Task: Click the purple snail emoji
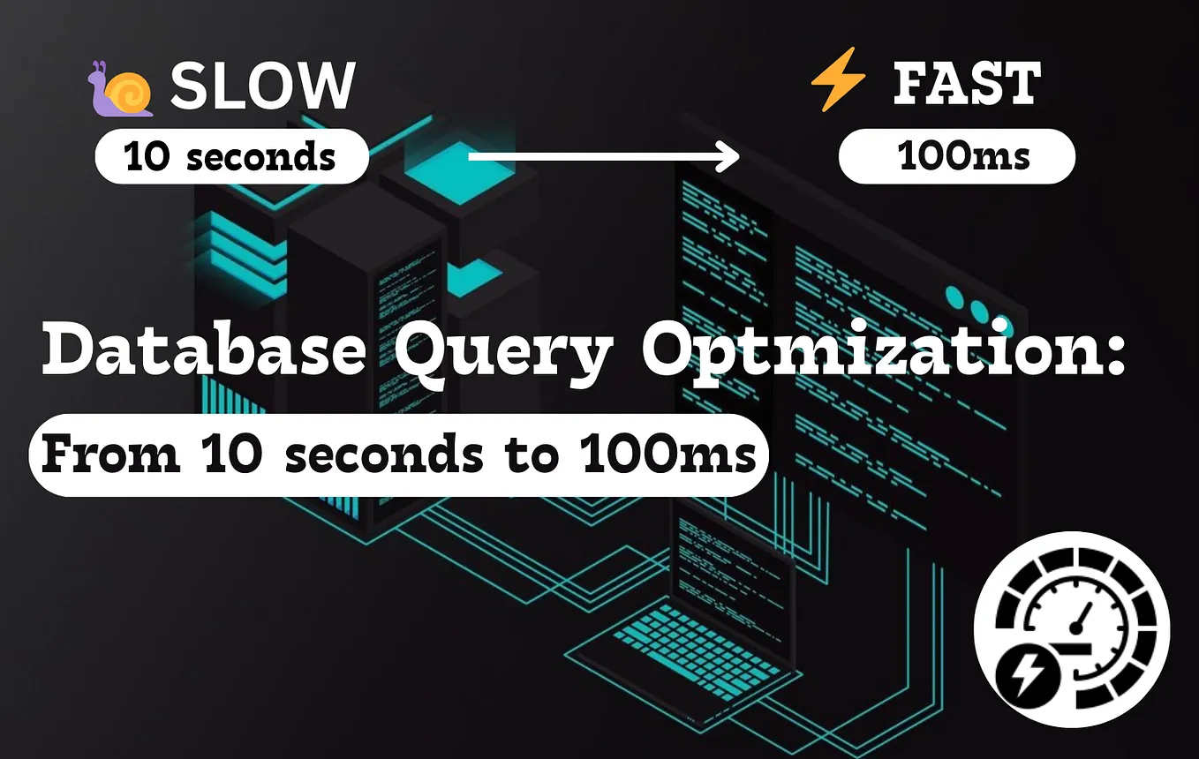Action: point(121,89)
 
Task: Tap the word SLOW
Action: point(262,86)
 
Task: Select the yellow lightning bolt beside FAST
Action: point(838,79)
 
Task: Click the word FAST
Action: point(967,84)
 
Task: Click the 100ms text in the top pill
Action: point(963,157)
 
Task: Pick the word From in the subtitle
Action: point(110,454)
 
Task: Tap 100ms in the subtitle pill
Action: point(669,454)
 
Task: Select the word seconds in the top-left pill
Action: point(260,157)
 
